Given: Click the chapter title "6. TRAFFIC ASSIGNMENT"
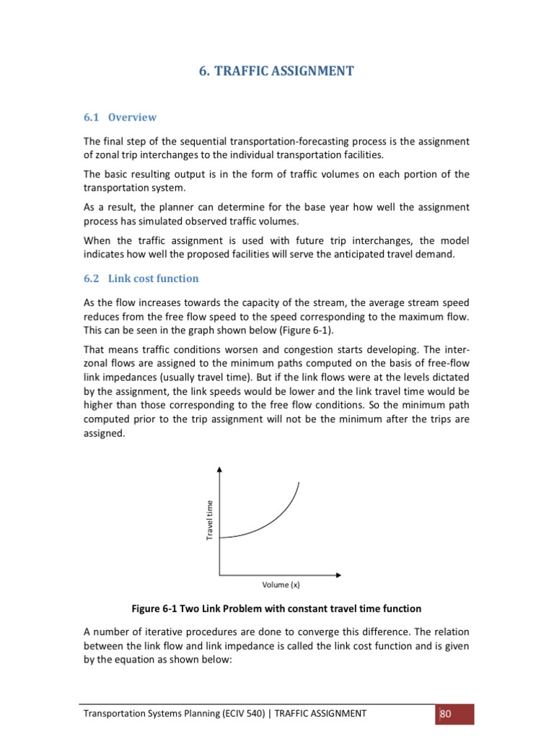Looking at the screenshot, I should [276, 71].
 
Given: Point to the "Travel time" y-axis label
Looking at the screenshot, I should [210, 520].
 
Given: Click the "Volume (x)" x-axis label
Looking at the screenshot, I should [275, 585].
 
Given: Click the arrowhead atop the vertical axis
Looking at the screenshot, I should [219, 469].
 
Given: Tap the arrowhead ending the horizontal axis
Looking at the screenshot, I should [339, 575].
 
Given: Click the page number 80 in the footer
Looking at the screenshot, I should [445, 714].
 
